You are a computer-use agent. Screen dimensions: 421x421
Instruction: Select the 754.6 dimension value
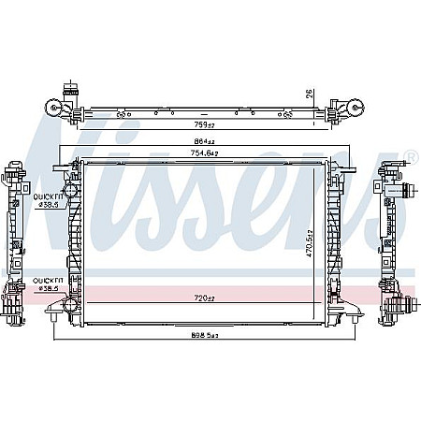point(205,153)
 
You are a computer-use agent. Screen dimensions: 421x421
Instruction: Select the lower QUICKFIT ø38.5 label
point(47,285)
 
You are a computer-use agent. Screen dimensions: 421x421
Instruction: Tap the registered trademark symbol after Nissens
point(410,156)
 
